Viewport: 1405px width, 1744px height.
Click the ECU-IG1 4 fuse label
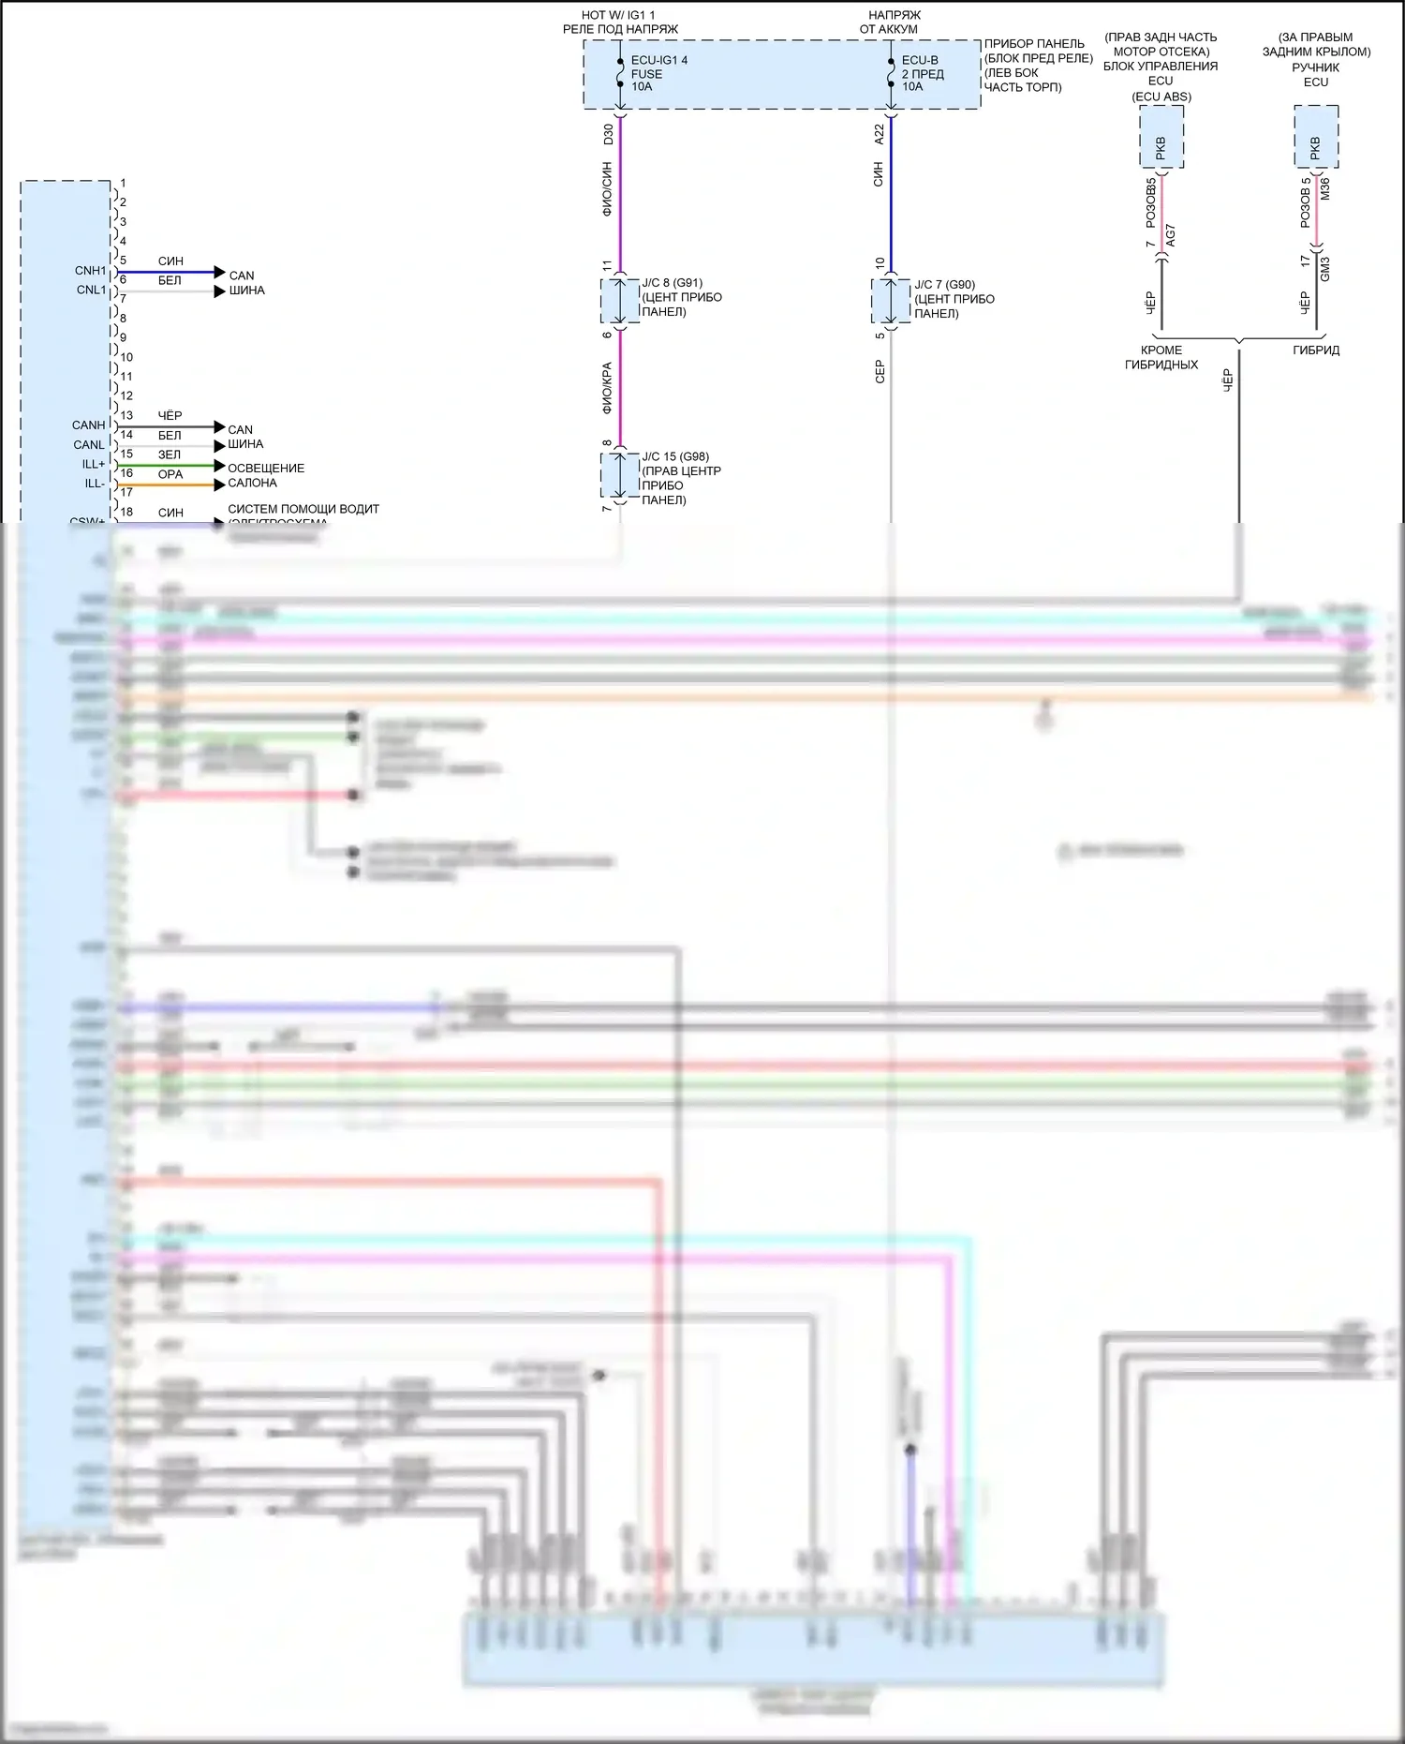click(658, 61)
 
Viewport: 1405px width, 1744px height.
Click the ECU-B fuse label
click(920, 61)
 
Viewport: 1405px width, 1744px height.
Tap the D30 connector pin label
click(608, 134)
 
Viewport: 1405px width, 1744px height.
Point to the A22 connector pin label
click(879, 134)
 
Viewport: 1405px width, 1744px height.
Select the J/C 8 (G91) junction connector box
click(620, 301)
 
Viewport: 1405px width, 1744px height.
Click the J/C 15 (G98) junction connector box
click(620, 475)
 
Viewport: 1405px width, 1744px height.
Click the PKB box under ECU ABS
click(1161, 137)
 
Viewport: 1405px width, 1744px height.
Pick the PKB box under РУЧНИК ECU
click(1316, 137)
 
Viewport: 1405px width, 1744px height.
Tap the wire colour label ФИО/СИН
click(608, 190)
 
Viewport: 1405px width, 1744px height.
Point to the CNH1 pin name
click(91, 271)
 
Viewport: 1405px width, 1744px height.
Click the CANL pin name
click(89, 445)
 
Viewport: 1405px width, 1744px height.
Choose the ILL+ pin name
click(94, 465)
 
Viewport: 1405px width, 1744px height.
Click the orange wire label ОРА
click(170, 475)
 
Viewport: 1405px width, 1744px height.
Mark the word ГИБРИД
click(1316, 350)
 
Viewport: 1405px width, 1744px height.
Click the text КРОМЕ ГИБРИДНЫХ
click(1161, 357)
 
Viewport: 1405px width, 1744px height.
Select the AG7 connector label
click(1171, 236)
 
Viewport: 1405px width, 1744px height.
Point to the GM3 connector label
click(1324, 269)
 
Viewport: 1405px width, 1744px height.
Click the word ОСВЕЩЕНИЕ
click(266, 469)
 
